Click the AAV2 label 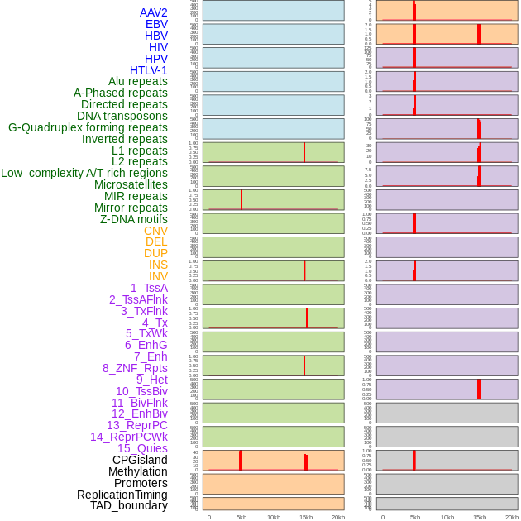(x=153, y=12)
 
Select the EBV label (x=156, y=24)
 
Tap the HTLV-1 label (x=148, y=70)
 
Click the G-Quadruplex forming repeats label (x=88, y=127)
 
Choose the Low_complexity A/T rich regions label (x=84, y=173)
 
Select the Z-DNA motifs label (x=133, y=219)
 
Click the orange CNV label (x=155, y=231)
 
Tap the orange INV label (x=158, y=276)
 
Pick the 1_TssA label (x=149, y=288)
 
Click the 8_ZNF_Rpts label (x=135, y=368)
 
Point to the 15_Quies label (x=142, y=448)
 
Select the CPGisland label (x=140, y=460)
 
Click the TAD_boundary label (x=129, y=505)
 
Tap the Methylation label (x=138, y=471)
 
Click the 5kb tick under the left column (x=241, y=517)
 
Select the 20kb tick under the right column (x=512, y=517)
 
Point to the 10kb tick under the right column (x=447, y=517)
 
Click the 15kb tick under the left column (x=306, y=517)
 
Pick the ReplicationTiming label (x=122, y=495)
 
